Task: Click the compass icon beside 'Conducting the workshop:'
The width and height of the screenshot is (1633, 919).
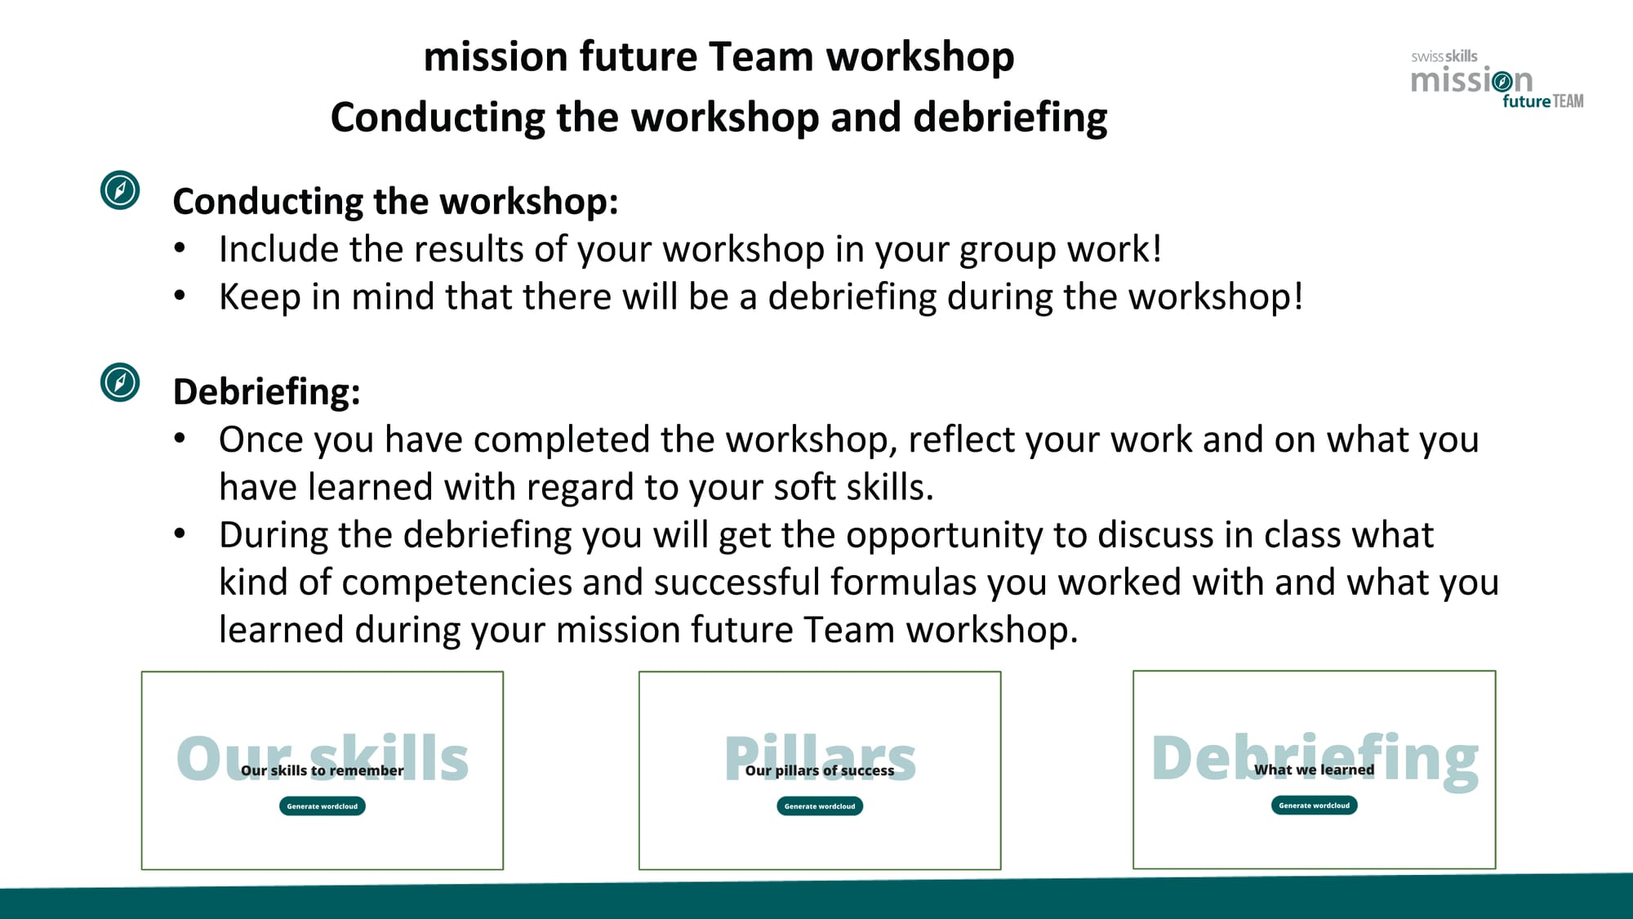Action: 120,190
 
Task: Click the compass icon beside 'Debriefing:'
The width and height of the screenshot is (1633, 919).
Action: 120,382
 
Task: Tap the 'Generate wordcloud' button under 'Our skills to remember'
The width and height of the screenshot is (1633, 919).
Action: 323,806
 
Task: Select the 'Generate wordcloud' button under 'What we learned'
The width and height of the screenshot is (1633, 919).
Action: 1314,805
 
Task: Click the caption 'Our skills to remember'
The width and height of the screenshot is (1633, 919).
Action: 322,770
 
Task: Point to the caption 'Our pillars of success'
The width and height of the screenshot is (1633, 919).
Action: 820,770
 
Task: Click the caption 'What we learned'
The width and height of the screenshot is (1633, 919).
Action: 1314,770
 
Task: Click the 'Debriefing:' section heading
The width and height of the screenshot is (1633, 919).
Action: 266,391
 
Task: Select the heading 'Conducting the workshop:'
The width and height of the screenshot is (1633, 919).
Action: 395,202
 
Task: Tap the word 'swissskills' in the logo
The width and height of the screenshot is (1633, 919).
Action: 1444,56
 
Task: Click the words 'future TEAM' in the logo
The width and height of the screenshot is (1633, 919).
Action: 1543,101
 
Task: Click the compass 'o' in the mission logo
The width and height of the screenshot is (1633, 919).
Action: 1501,81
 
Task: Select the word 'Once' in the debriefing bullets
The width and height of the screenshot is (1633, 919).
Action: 260,439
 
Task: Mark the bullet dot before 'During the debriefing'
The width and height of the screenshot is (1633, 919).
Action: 180,534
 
